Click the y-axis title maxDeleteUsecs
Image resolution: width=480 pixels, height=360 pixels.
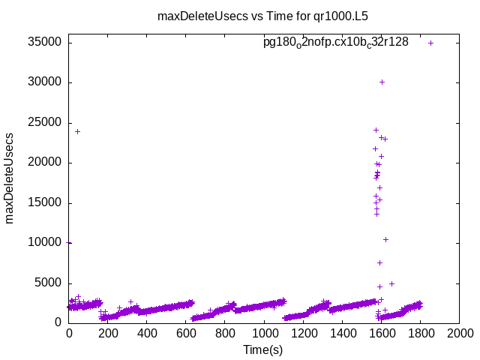[x=10, y=178]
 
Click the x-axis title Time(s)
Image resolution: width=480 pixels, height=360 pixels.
[x=262, y=349]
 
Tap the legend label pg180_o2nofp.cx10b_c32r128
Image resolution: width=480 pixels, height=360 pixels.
[x=335, y=43]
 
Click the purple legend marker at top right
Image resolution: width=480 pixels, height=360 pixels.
[x=430, y=43]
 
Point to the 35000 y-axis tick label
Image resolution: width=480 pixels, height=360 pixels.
[x=46, y=43]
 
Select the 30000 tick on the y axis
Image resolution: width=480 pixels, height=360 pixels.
[x=46, y=82]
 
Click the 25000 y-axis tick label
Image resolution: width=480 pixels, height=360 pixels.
[x=46, y=123]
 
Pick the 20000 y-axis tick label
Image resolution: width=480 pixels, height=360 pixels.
[x=46, y=163]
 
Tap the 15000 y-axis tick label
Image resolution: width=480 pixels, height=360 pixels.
[x=46, y=202]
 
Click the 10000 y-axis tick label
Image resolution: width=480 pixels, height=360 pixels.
[x=46, y=243]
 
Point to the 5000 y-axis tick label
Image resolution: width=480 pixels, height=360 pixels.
[x=49, y=283]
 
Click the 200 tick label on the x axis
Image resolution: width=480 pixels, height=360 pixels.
[x=108, y=334]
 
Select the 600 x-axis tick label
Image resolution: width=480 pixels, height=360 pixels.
[x=186, y=334]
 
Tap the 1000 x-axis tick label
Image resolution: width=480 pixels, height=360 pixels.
[x=264, y=334]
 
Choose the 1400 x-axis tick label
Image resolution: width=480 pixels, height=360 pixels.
[x=342, y=334]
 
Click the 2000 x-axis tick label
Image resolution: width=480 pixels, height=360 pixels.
[x=459, y=334]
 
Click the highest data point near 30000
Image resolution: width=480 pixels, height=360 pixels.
[x=382, y=82]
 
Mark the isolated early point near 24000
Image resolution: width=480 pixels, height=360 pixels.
[x=77, y=131]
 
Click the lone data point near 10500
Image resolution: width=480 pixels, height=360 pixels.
[x=385, y=239]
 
